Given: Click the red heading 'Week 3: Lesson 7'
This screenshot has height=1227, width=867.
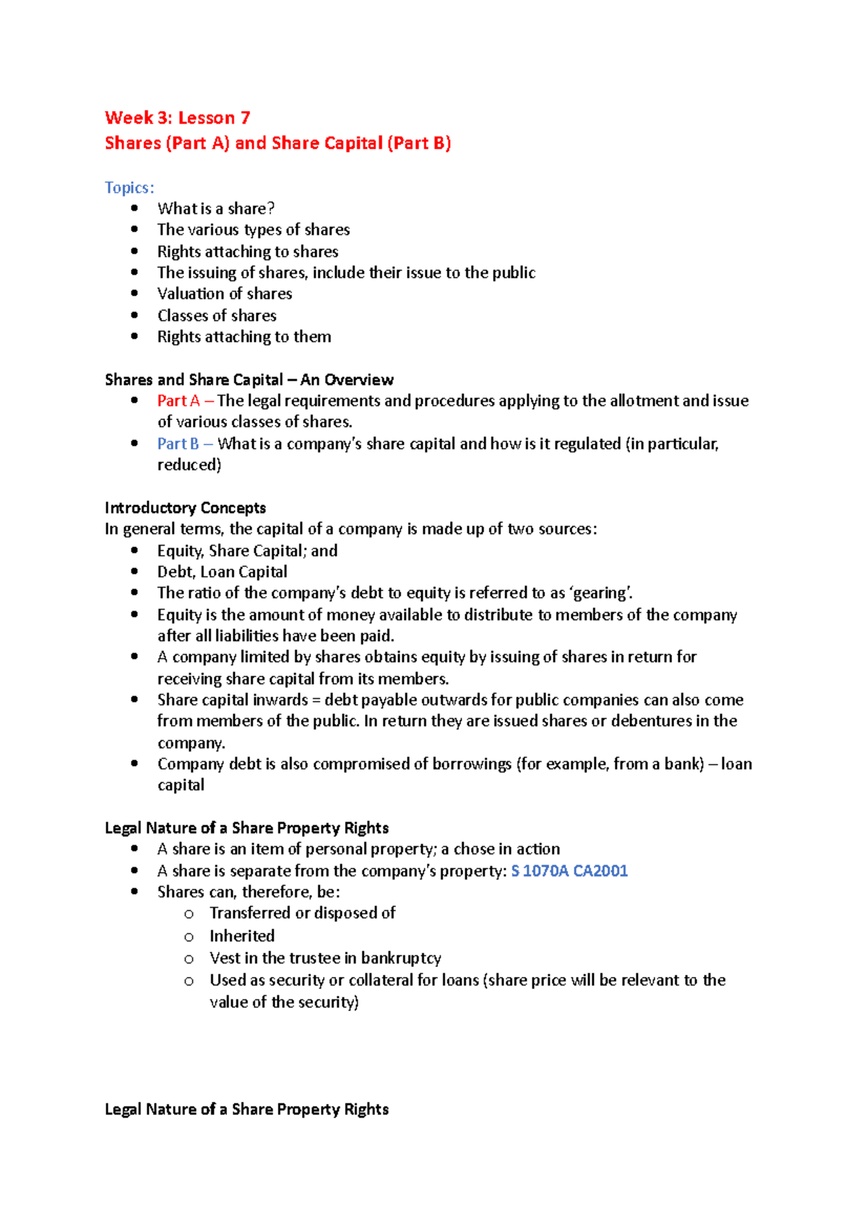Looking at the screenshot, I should tap(177, 118).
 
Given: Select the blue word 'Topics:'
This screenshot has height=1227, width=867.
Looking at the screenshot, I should tap(129, 188).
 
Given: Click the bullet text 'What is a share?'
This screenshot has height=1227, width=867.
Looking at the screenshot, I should tap(215, 209).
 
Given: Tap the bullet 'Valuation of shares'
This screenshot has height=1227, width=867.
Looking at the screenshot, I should tap(225, 293).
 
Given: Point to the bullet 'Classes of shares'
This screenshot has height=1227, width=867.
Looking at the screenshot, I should tap(217, 315).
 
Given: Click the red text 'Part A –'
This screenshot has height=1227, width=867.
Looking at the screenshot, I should tap(185, 400).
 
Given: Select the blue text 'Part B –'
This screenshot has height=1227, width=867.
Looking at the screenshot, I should tap(185, 444).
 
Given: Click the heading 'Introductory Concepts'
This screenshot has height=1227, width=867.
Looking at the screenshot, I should tap(185, 507).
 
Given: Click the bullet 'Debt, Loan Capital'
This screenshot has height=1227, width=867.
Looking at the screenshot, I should tap(222, 572).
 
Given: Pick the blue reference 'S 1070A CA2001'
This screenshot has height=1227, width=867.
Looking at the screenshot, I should tap(569, 871).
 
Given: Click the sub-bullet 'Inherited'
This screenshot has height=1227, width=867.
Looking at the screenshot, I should tap(242, 936).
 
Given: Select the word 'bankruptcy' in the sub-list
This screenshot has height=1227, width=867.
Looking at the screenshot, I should tap(401, 958).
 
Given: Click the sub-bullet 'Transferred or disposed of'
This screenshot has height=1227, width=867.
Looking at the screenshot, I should tap(302, 913).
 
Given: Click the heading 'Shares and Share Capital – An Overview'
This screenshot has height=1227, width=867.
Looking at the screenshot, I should tap(249, 379).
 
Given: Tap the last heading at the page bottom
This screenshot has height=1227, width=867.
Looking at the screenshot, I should tap(246, 1109).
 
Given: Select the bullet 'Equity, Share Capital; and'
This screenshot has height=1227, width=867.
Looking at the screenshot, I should tap(247, 551).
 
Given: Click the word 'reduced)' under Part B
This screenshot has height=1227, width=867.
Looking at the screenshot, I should tap(189, 465).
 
